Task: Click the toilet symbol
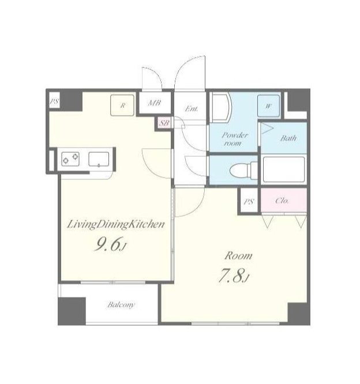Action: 243,169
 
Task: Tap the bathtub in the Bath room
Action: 283,169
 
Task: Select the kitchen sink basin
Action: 99,159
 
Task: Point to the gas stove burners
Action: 70,159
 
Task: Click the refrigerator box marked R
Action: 122,105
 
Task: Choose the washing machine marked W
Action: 268,106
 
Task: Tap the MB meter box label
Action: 155,103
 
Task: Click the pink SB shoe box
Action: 164,123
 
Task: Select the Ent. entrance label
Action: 192,108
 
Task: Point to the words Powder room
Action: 234,139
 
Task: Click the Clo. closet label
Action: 282,201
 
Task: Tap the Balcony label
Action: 121,305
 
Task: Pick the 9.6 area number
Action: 107,245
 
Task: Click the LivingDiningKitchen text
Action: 115,225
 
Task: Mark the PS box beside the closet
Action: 249,202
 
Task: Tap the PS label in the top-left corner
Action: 54,101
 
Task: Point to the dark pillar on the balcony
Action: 72,311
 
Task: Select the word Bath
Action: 288,138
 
